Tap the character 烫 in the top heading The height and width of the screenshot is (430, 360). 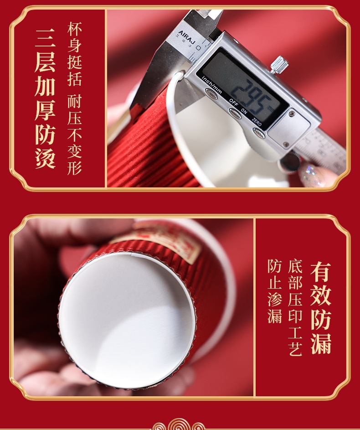coord(45,157)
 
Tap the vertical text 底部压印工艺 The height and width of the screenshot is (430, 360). coord(295,308)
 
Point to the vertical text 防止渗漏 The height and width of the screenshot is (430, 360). coord(275,291)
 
